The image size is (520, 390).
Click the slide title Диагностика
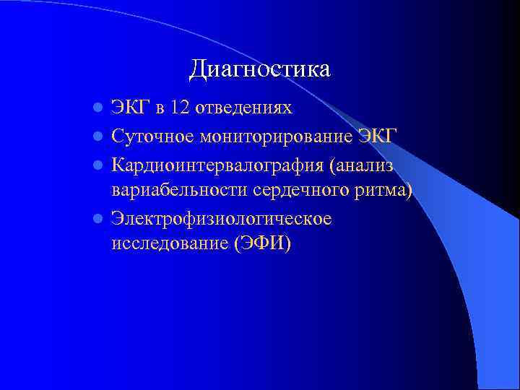260,69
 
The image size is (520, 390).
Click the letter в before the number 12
160,109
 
